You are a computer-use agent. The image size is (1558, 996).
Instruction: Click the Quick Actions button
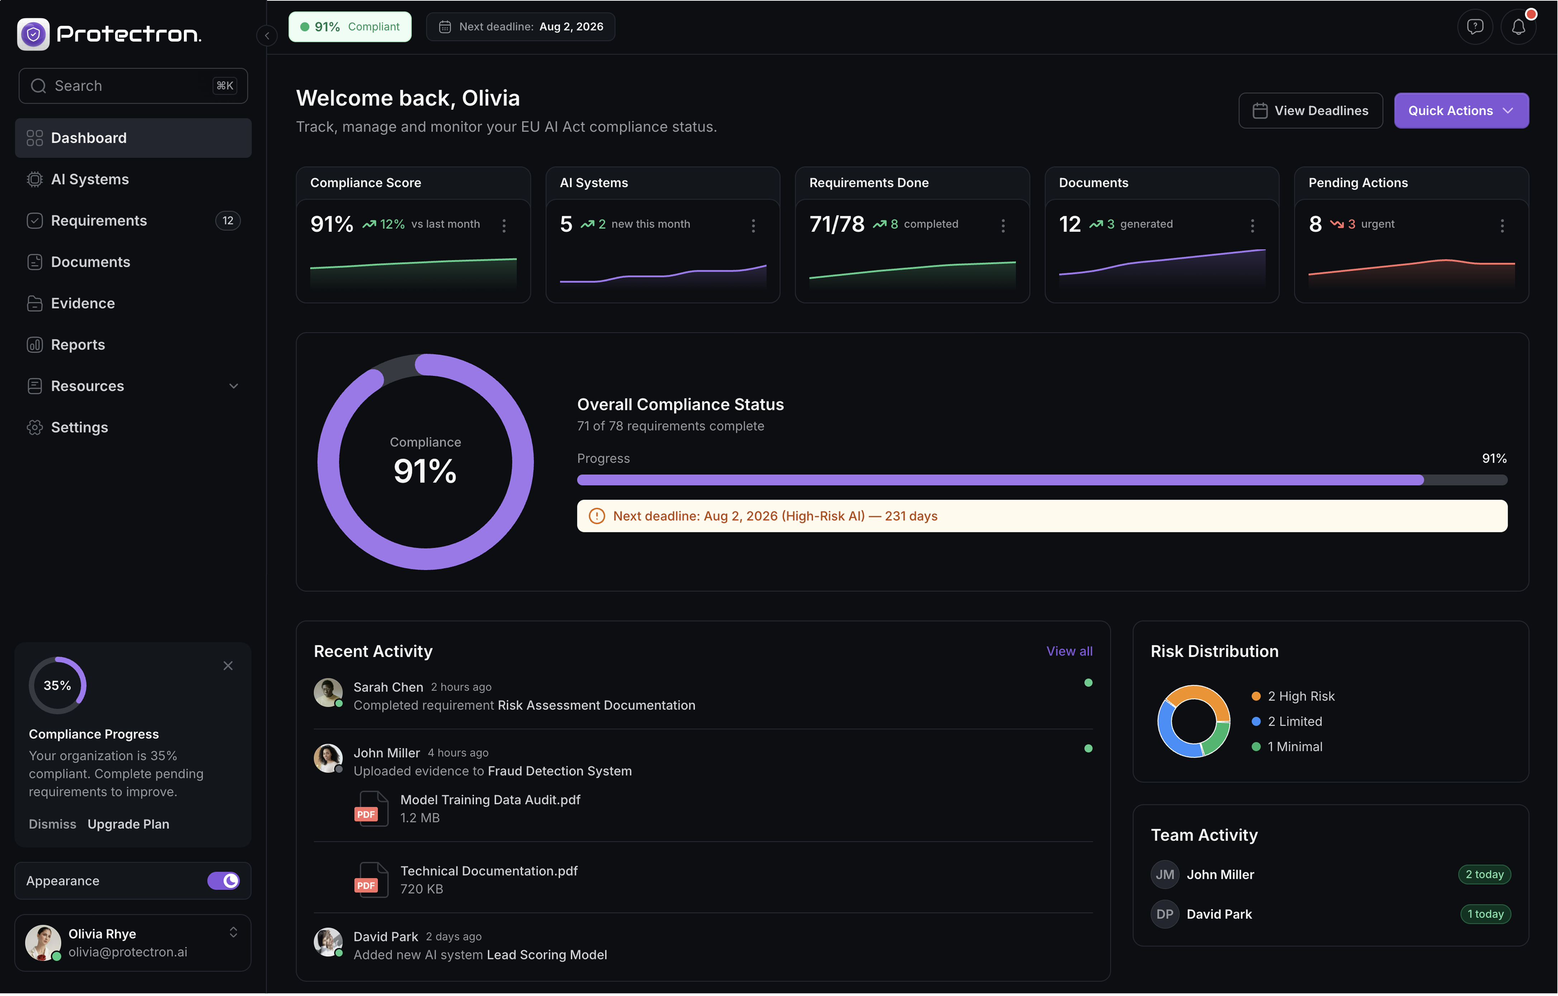coord(1460,111)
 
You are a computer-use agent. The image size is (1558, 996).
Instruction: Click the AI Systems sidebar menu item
coord(90,179)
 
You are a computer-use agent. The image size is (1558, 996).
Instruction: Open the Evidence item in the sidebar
coord(83,303)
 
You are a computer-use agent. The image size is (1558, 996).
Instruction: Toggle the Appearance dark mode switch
coord(223,881)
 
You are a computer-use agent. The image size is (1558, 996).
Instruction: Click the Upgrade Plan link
coord(128,824)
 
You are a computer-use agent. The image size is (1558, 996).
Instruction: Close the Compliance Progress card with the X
coord(228,665)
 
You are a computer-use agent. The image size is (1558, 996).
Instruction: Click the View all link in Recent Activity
coord(1069,651)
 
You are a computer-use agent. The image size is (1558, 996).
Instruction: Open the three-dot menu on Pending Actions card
coord(1502,225)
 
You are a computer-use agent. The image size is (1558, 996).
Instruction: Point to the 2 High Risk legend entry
coord(1300,696)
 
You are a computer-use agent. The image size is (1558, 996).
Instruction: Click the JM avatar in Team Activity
coord(1164,875)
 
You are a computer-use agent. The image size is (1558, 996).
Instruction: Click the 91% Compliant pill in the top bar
coord(350,27)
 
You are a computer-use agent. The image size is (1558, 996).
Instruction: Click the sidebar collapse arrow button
coord(267,35)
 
